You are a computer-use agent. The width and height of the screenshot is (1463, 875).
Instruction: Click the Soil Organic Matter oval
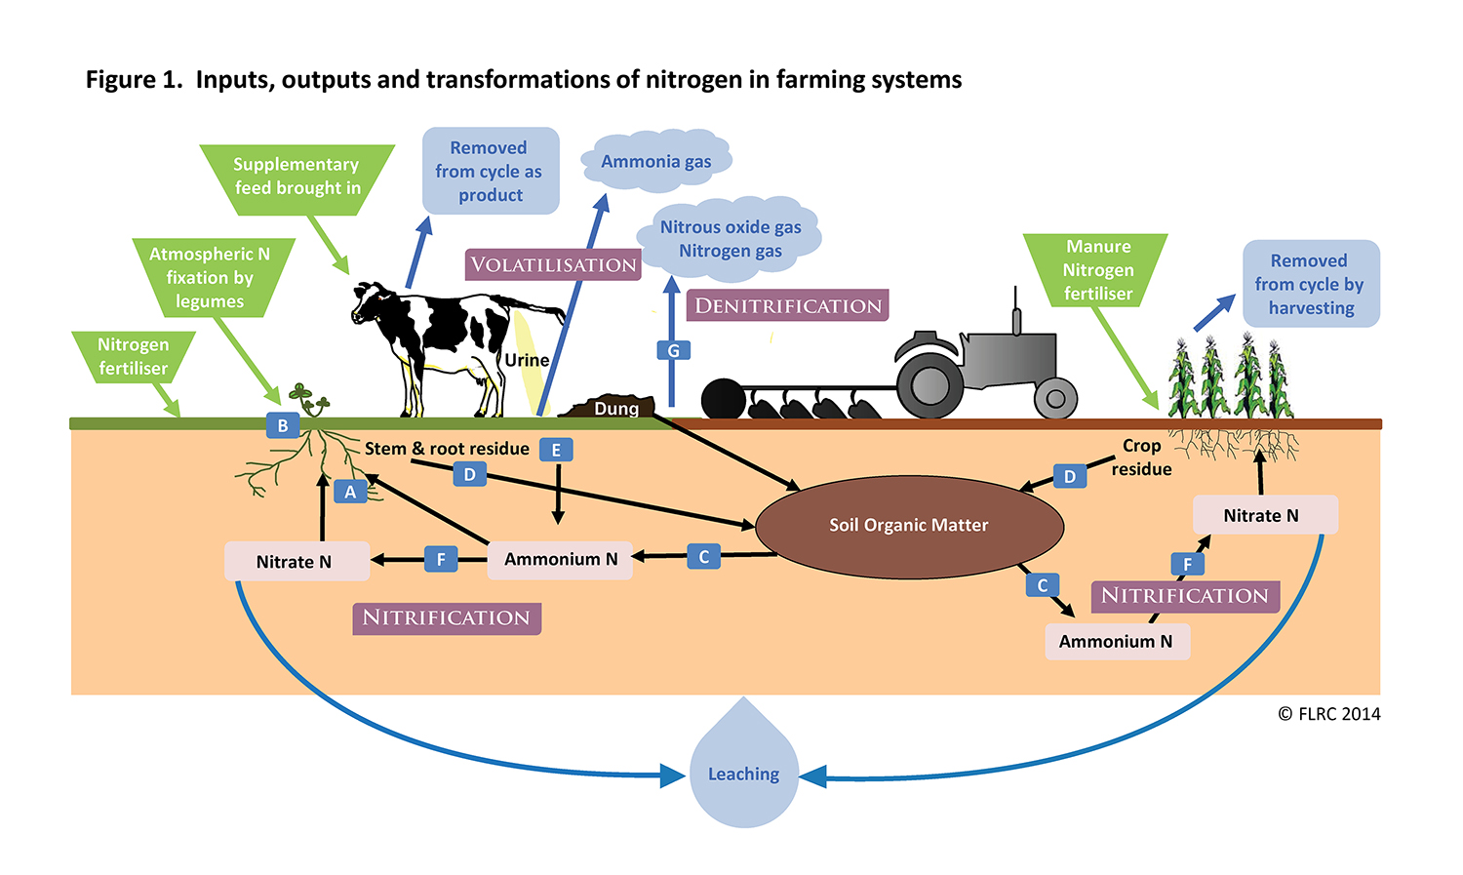(x=909, y=525)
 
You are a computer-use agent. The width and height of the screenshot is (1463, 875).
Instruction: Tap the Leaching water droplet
(x=743, y=773)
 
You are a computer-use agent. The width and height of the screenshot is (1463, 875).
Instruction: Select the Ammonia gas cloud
(x=656, y=161)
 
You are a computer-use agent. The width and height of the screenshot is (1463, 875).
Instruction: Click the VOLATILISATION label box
(x=553, y=265)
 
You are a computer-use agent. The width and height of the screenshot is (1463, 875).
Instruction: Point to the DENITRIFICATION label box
(x=788, y=305)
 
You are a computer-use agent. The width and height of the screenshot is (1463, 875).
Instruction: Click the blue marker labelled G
(x=673, y=350)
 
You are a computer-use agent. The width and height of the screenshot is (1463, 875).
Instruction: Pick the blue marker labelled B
(x=283, y=425)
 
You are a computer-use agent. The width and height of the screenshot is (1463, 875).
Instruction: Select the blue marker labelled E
(x=556, y=450)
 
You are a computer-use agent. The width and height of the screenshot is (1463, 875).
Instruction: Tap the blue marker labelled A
(x=350, y=492)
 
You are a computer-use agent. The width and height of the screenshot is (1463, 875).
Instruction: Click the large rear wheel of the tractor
(x=929, y=384)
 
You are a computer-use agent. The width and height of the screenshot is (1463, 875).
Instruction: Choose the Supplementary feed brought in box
(x=297, y=178)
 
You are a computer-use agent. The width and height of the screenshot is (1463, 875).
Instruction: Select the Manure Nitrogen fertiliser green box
(x=1097, y=270)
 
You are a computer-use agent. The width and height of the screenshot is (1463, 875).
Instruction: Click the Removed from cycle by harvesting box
(x=1311, y=284)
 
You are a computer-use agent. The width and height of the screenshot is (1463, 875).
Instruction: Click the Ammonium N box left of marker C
(x=561, y=559)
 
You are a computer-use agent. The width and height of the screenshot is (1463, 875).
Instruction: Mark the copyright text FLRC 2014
(x=1329, y=714)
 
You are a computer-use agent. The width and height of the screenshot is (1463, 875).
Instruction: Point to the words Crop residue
(x=1141, y=457)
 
